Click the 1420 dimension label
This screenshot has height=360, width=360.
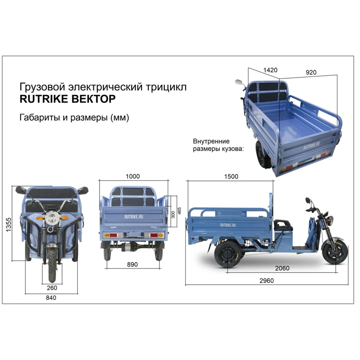click(x=270, y=70)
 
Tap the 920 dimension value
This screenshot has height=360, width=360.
click(x=311, y=73)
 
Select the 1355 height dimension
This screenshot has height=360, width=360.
click(x=9, y=225)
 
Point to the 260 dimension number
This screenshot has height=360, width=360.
click(x=52, y=288)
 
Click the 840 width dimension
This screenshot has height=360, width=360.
click(x=51, y=298)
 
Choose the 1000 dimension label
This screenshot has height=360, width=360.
click(x=133, y=176)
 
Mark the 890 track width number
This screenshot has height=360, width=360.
click(x=132, y=265)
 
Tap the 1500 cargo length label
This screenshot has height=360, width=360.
click(x=231, y=176)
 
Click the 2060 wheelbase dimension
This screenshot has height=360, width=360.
click(x=282, y=268)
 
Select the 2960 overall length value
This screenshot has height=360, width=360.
click(x=266, y=280)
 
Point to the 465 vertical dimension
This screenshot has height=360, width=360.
click(x=179, y=211)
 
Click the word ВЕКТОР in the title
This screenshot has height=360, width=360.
click(x=94, y=99)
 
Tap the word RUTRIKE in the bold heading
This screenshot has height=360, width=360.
click(x=44, y=99)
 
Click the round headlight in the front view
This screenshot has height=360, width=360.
click(x=52, y=218)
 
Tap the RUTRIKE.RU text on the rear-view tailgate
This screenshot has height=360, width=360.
click(x=134, y=216)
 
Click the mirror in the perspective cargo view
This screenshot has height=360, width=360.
click(x=239, y=82)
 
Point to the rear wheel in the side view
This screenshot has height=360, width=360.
click(x=228, y=254)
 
